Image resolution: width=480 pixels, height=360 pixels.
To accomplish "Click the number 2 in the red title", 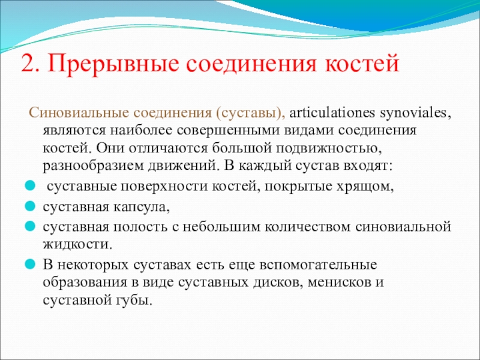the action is click(29, 64).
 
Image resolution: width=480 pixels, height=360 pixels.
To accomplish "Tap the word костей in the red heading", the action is click(362, 64).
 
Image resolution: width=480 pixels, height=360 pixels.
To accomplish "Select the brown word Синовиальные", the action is click(79, 113).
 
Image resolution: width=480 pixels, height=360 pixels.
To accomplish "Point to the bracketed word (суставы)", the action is click(250, 113).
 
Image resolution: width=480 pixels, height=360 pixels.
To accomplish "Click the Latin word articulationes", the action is click(332, 113).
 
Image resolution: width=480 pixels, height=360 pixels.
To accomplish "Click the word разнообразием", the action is click(94, 166).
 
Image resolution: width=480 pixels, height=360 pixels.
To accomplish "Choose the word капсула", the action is click(141, 207).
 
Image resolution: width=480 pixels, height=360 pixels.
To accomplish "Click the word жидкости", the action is click(77, 245).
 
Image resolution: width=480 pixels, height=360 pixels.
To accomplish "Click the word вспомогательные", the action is click(318, 265).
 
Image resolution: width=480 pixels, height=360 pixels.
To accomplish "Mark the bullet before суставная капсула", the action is click(31, 206).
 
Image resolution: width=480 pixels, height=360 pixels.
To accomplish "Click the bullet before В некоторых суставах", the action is click(31, 264).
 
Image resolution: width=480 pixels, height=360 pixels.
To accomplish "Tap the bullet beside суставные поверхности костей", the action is click(31, 186).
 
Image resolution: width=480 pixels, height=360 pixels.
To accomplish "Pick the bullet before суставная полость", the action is click(31, 227).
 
